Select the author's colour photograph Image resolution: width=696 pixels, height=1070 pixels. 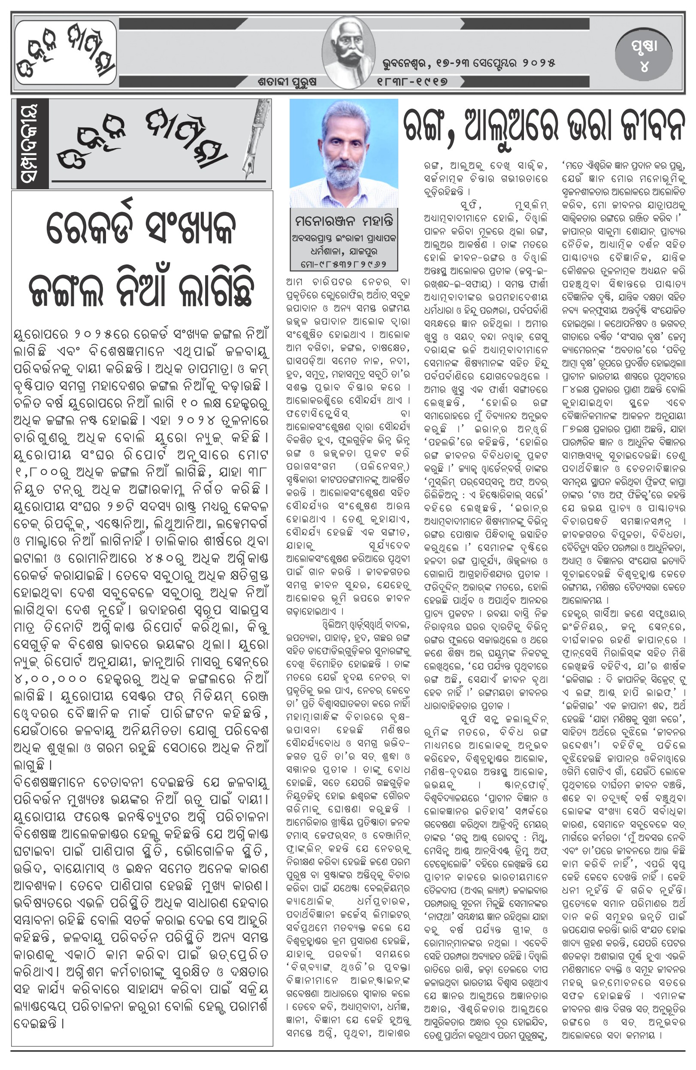click(344, 153)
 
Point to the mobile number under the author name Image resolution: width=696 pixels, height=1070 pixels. click(344, 264)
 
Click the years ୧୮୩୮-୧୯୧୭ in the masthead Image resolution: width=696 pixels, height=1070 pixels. click(412, 82)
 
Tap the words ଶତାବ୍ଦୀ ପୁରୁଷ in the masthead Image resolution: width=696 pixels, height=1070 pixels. click(287, 82)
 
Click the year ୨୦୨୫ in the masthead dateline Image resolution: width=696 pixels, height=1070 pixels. click(538, 63)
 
